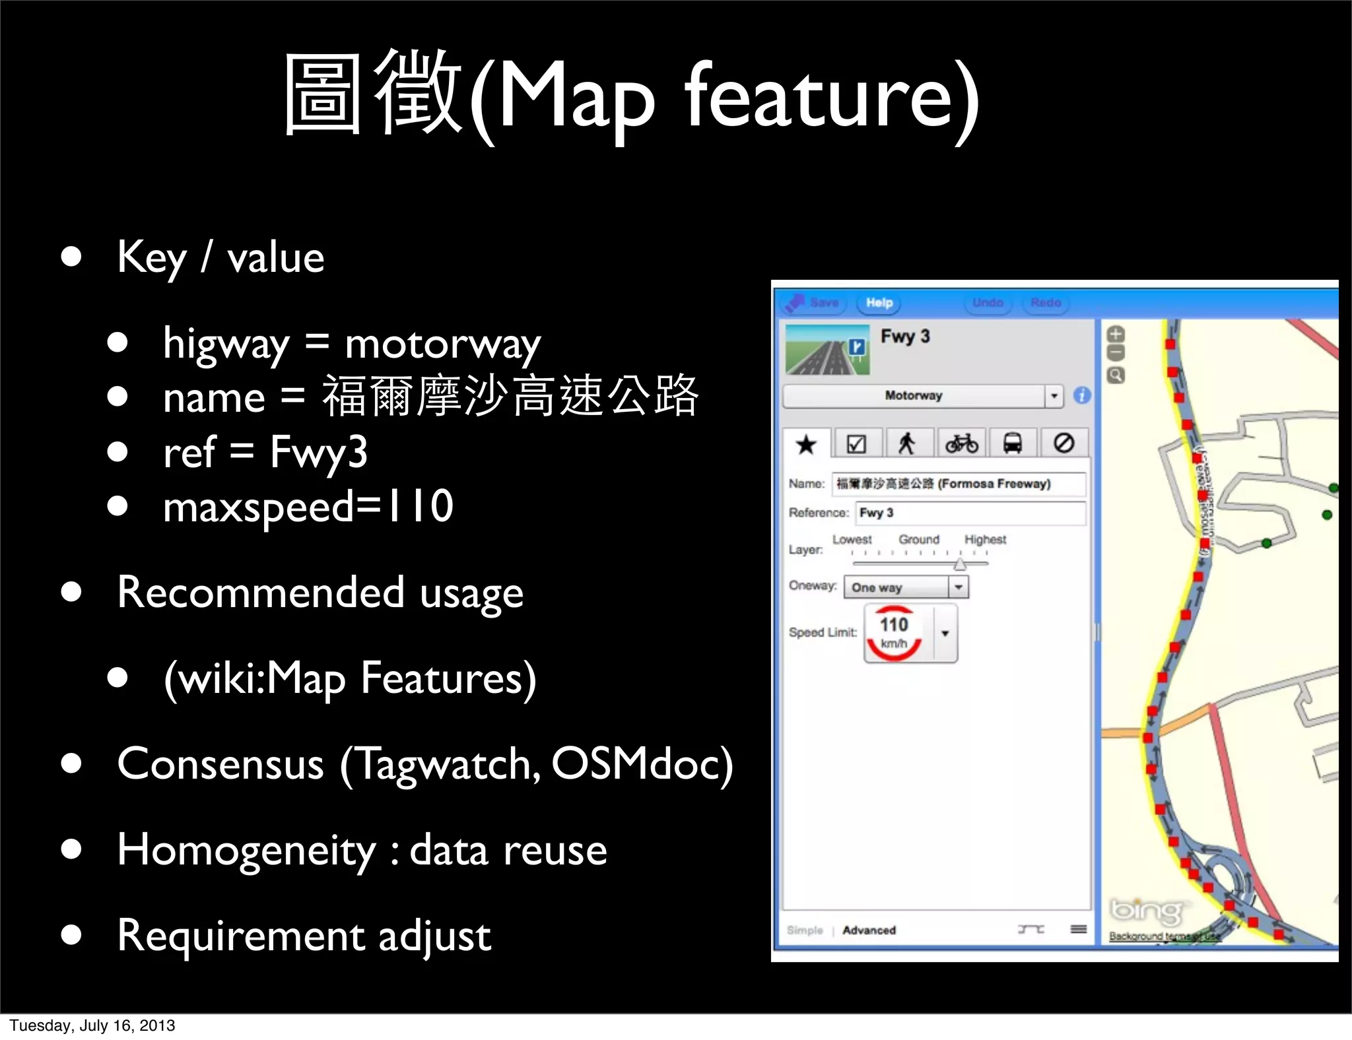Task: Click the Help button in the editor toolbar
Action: [x=879, y=303]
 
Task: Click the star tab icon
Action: [x=806, y=444]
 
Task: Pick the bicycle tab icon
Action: [x=961, y=443]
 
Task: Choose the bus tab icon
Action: [x=1013, y=443]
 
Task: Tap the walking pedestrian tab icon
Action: [x=907, y=443]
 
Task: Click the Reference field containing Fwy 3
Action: [x=970, y=513]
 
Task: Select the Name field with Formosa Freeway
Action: [x=959, y=484]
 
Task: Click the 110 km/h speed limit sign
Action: [x=895, y=634]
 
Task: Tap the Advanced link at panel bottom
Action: [x=869, y=930]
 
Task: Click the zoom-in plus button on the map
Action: [x=1116, y=334]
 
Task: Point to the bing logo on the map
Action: [x=1146, y=912]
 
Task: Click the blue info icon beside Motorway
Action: [x=1082, y=396]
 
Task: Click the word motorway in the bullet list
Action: [x=442, y=344]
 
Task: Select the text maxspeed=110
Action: [x=308, y=507]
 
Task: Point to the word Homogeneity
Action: [x=246, y=850]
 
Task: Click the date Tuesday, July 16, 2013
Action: [x=92, y=1025]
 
